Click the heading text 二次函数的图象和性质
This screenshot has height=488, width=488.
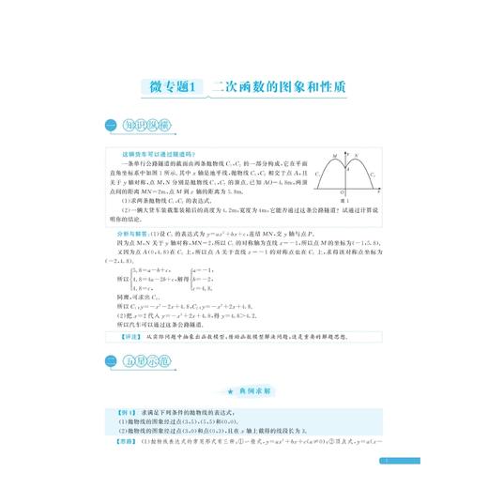(279, 85)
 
